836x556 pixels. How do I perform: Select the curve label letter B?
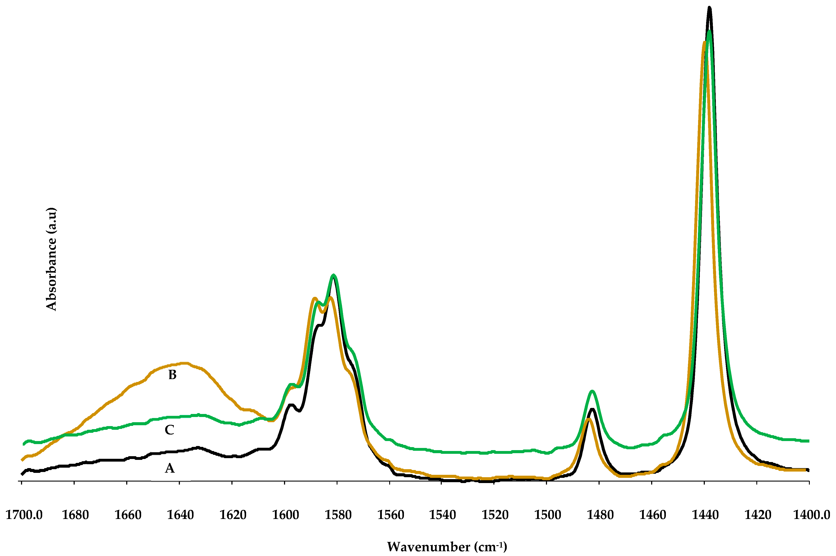point(172,375)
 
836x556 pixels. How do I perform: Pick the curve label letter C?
point(169,430)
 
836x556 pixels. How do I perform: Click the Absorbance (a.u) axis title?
point(51,259)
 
